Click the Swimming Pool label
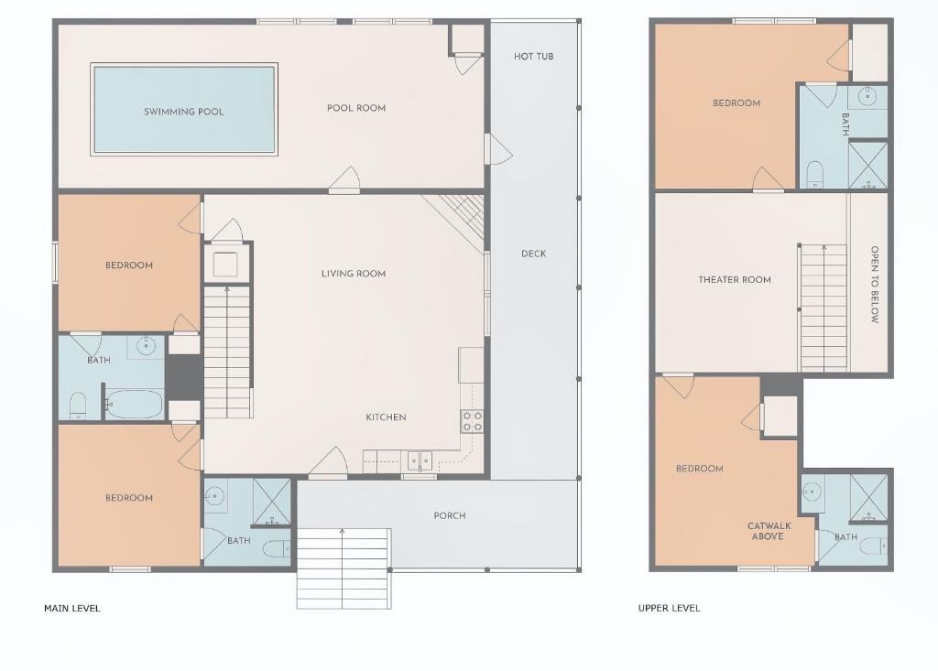[x=183, y=112]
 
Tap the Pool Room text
[x=356, y=108]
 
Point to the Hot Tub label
[x=534, y=56]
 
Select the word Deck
[x=534, y=254]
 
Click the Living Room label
[x=354, y=274]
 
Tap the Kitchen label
[x=386, y=417]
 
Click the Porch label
[x=449, y=515]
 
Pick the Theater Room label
[x=735, y=279]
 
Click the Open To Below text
[x=875, y=285]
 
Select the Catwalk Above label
[x=769, y=531]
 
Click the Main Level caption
[x=72, y=608]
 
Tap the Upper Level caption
[x=669, y=608]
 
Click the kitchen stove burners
[x=472, y=421]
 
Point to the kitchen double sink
[x=420, y=461]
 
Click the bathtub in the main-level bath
[x=134, y=405]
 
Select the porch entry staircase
[x=344, y=568]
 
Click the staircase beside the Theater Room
[x=823, y=307]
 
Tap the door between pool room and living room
[x=344, y=181]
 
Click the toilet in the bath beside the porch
[x=277, y=548]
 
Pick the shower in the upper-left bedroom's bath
[x=868, y=165]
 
